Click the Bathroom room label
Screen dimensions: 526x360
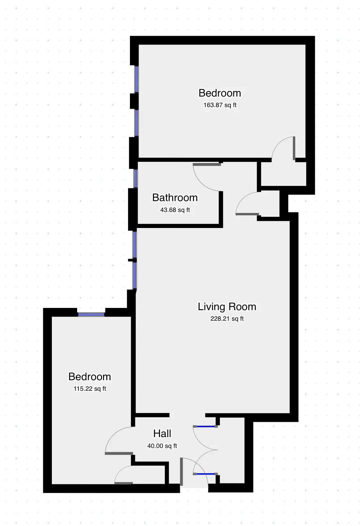point(175,198)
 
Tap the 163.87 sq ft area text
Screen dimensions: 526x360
point(220,105)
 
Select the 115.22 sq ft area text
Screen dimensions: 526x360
point(90,389)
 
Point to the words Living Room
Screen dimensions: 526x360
point(227,307)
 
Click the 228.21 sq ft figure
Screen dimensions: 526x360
point(227,319)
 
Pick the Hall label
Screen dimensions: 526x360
point(162,434)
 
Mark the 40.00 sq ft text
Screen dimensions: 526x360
point(162,446)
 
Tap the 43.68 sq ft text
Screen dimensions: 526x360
point(175,210)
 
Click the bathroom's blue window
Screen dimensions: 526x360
point(136,178)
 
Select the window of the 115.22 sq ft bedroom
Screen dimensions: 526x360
point(91,314)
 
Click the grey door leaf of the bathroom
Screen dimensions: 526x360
point(207,165)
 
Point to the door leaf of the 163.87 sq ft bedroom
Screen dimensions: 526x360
point(294,148)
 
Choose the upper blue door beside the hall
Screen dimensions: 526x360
point(205,427)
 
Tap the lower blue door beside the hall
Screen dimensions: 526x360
point(205,474)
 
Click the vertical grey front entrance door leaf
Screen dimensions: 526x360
point(181,472)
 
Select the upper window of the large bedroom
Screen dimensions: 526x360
point(137,79)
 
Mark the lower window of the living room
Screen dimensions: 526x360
point(135,275)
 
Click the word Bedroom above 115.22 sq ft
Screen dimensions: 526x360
point(90,377)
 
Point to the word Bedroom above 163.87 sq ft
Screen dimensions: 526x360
point(220,93)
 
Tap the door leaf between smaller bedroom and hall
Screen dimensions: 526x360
point(119,453)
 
